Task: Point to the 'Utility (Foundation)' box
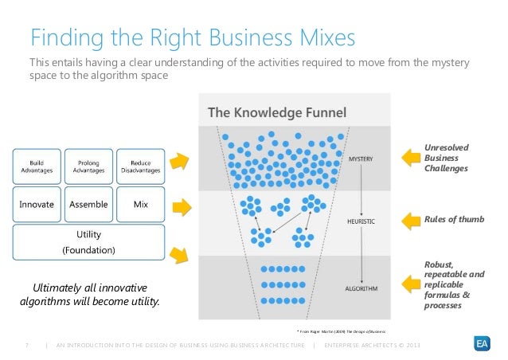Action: pyautogui.click(x=88, y=242)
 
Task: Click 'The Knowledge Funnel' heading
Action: pyautogui.click(x=277, y=112)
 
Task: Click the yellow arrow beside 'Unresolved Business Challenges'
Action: pyautogui.click(x=412, y=158)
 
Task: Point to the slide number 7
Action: pyautogui.click(x=27, y=344)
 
